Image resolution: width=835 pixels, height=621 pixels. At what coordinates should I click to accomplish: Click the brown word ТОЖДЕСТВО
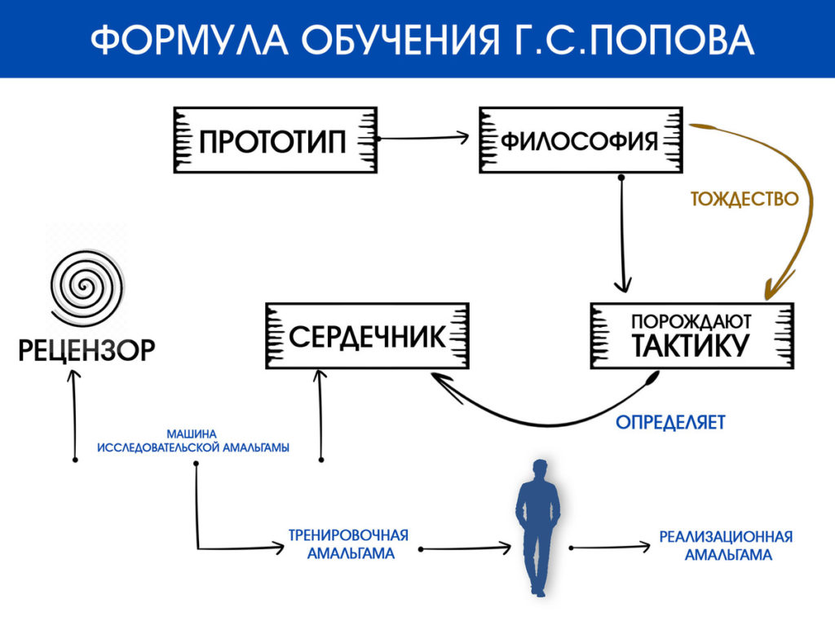coord(744,199)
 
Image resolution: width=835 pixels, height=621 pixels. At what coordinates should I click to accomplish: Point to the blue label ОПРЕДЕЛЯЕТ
coord(670,422)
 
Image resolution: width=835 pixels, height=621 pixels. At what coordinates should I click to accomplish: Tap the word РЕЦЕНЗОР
coord(86,350)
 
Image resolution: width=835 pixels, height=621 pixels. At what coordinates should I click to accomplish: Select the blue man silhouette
coord(538,527)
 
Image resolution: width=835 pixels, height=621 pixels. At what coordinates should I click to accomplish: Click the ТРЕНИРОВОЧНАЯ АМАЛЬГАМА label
coord(349,544)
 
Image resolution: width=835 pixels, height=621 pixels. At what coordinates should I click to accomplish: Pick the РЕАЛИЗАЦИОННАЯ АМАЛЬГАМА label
coord(727,545)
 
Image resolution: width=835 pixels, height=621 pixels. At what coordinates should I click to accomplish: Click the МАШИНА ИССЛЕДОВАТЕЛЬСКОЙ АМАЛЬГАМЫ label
coord(192,441)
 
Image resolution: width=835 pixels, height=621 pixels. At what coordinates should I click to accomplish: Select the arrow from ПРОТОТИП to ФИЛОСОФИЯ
coord(422,139)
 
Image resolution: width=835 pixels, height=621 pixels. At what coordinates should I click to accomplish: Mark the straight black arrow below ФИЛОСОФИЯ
coord(622,234)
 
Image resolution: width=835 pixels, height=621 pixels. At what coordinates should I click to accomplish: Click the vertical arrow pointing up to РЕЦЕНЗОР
coord(74,415)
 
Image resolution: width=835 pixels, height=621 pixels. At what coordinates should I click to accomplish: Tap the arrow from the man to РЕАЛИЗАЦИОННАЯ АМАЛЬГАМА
coord(610,547)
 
